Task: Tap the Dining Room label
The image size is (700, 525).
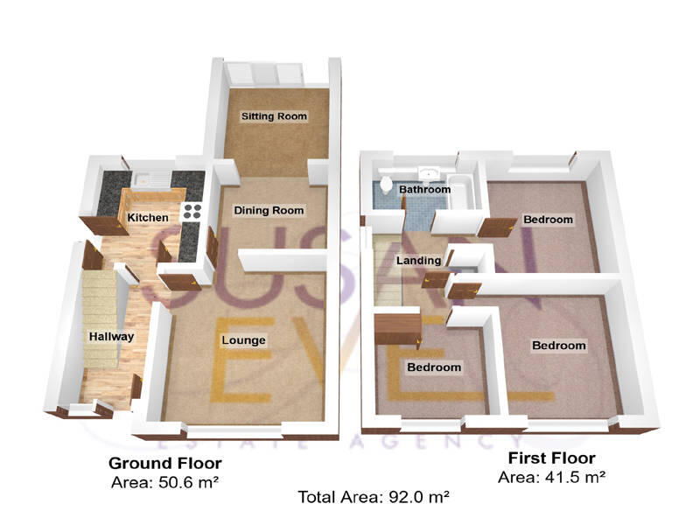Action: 269,210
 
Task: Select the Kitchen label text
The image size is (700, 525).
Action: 148,217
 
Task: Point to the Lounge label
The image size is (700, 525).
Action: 243,339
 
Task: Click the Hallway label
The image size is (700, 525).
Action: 110,337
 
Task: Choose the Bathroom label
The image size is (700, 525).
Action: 424,189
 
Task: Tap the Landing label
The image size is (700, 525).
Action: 418,261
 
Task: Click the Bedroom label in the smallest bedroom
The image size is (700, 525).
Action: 433,367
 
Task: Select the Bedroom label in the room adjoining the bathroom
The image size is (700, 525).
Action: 548,219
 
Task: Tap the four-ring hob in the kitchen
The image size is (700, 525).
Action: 192,211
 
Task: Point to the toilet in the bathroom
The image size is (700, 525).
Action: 386,185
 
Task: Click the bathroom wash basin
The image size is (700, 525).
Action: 429,172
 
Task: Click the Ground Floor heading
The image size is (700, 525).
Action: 164,463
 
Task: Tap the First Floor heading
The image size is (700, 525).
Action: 551,458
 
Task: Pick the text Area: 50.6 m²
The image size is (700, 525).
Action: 164,481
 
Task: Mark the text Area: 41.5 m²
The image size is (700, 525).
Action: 551,477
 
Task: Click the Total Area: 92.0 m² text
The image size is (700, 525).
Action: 374,497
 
